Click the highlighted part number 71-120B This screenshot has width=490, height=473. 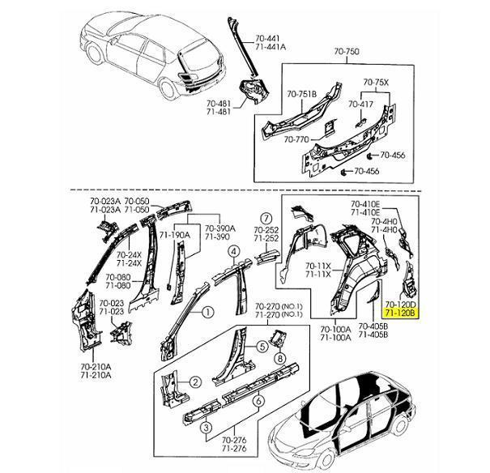pos(399,311)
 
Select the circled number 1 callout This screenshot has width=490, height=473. pos(207,311)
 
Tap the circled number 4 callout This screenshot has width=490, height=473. pos(232,252)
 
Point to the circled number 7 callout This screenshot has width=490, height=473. pos(266,217)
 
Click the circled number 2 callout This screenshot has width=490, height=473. pos(195,381)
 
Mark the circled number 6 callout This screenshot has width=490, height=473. pos(257,399)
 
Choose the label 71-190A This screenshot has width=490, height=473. pos(173,235)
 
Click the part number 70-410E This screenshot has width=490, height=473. pos(366,203)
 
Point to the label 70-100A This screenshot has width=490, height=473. pos(335,328)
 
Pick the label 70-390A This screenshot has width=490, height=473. pos(218,228)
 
